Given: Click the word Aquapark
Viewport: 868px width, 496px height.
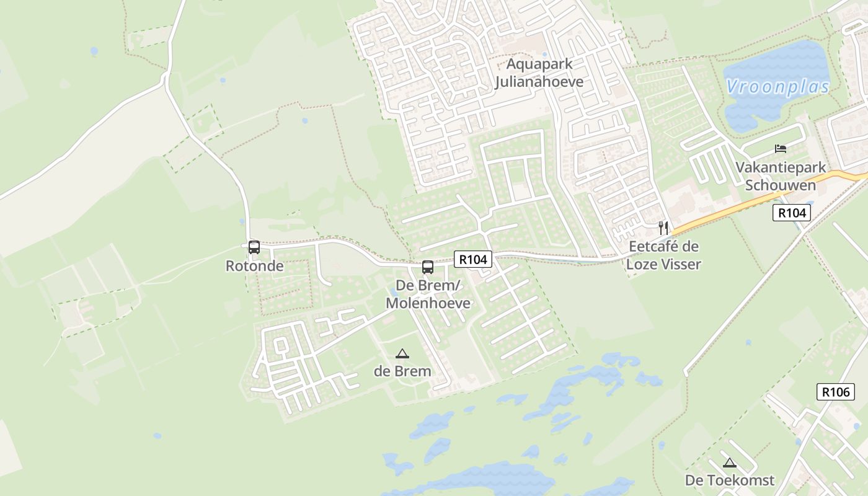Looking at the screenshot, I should (539, 64).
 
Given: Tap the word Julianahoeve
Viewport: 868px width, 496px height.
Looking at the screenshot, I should (539, 82).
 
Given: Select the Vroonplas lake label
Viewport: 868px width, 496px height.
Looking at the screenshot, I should (777, 87).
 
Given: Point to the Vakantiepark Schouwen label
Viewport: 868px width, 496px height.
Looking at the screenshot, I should (781, 176).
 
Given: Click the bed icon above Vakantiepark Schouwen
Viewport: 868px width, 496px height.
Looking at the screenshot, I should (781, 149).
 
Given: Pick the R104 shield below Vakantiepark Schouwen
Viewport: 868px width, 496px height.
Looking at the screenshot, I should (792, 213).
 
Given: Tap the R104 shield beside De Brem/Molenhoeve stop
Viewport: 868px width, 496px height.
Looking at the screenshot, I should (473, 259).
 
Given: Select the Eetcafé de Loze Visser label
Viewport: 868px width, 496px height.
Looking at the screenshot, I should (663, 255).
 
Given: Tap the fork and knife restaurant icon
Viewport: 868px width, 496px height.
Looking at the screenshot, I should (663, 228).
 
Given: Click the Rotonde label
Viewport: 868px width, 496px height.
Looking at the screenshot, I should (254, 266).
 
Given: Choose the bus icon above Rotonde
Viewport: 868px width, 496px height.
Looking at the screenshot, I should (254, 247).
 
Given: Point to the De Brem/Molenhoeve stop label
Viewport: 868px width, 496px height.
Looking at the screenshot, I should (428, 294).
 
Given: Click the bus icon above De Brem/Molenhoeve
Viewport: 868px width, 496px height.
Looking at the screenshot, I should (428, 267).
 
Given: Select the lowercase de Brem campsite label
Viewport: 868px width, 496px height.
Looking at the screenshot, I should (402, 371).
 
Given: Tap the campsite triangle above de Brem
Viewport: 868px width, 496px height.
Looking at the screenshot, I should (402, 354).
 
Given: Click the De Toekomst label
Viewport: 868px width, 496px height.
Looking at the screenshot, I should (729, 480).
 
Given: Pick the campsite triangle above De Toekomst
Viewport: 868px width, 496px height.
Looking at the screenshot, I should (730, 463).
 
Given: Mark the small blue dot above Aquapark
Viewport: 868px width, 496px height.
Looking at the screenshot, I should (545, 54).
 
